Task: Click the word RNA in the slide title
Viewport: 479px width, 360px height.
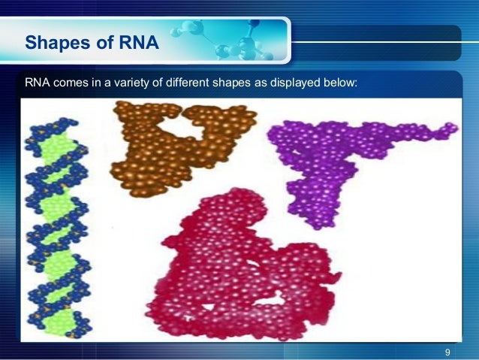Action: tap(140, 43)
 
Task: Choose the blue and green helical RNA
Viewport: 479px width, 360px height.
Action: tap(56, 225)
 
